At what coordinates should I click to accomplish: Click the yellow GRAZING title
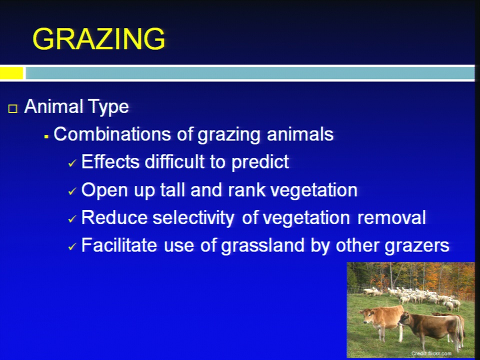(98, 38)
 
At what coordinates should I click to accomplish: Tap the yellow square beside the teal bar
(11, 73)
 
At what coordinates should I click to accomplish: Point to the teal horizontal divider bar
(250, 73)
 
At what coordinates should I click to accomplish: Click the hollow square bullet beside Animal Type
(13, 108)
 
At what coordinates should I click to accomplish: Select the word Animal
(49, 106)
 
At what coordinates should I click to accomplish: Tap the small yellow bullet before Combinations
(46, 137)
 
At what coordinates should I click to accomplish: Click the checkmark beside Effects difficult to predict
(72, 163)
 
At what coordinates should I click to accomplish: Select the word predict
(260, 162)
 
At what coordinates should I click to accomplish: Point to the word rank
(246, 190)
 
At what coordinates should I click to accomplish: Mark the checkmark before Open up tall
(72, 191)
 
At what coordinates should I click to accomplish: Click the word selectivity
(193, 218)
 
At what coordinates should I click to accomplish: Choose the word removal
(391, 217)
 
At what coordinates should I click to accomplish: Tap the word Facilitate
(119, 245)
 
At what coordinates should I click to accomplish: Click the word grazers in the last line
(417, 246)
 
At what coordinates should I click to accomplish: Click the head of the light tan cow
(367, 317)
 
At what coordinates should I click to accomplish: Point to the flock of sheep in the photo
(413, 295)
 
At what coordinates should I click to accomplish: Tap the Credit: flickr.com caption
(431, 353)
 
